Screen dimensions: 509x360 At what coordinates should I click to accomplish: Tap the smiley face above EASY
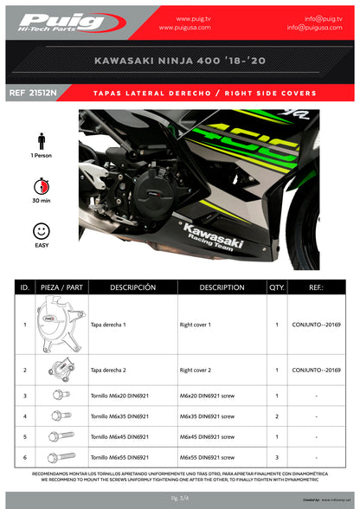pos(41,231)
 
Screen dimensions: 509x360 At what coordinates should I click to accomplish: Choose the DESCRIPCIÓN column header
pos(132,287)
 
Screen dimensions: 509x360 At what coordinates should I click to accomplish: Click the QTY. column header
pos(276,287)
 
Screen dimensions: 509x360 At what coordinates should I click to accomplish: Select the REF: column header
pos(316,287)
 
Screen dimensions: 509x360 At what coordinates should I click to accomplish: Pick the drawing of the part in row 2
pos(60,370)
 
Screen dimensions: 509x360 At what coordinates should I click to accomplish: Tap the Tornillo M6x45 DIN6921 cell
pos(120,437)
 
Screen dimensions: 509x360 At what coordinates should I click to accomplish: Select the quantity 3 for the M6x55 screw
pos(276,457)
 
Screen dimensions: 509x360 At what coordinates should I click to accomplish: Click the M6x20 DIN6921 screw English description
pos(209,396)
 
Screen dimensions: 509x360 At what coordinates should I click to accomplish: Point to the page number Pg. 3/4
pos(180,499)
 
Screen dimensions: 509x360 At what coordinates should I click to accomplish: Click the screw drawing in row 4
pos(59,416)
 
